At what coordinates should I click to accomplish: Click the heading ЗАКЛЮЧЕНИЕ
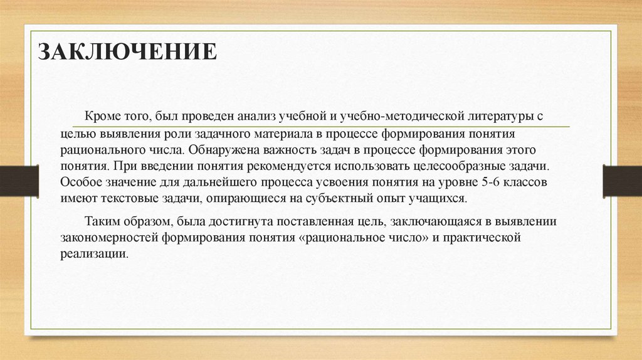pyautogui.click(x=127, y=51)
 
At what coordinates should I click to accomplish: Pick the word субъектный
pyautogui.click(x=334, y=199)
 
